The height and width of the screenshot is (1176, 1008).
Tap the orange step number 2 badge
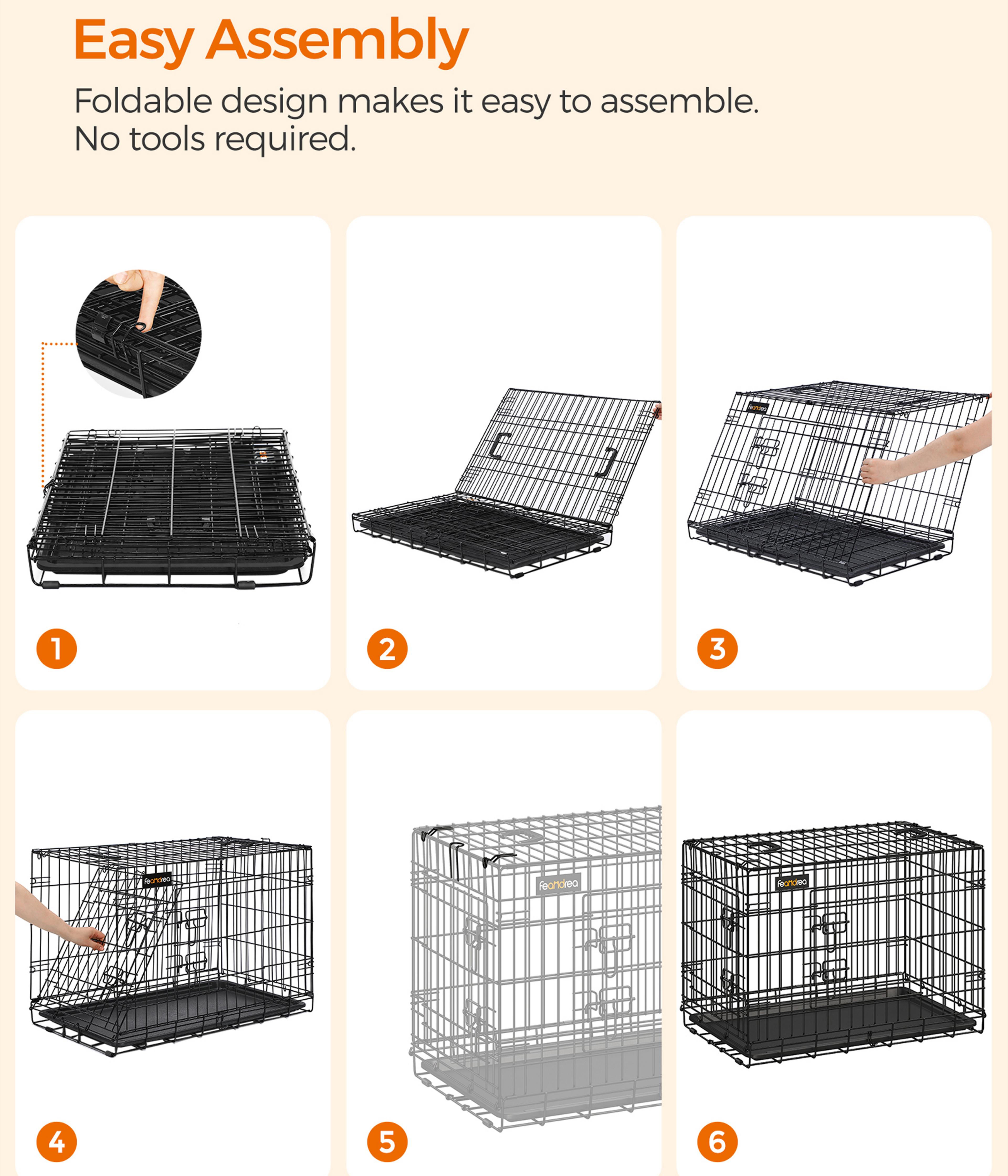pyautogui.click(x=387, y=649)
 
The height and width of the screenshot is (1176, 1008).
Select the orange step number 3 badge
pyautogui.click(x=717, y=649)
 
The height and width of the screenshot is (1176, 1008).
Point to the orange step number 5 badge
pyautogui.click(x=387, y=1142)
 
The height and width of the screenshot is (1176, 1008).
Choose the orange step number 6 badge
pyautogui.click(x=717, y=1142)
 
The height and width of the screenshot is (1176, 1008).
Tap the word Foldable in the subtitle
pyautogui.click(x=143, y=101)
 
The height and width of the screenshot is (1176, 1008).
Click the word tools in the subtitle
pyautogui.click(x=167, y=139)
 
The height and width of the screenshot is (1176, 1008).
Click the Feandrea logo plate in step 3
pyautogui.click(x=758, y=407)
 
